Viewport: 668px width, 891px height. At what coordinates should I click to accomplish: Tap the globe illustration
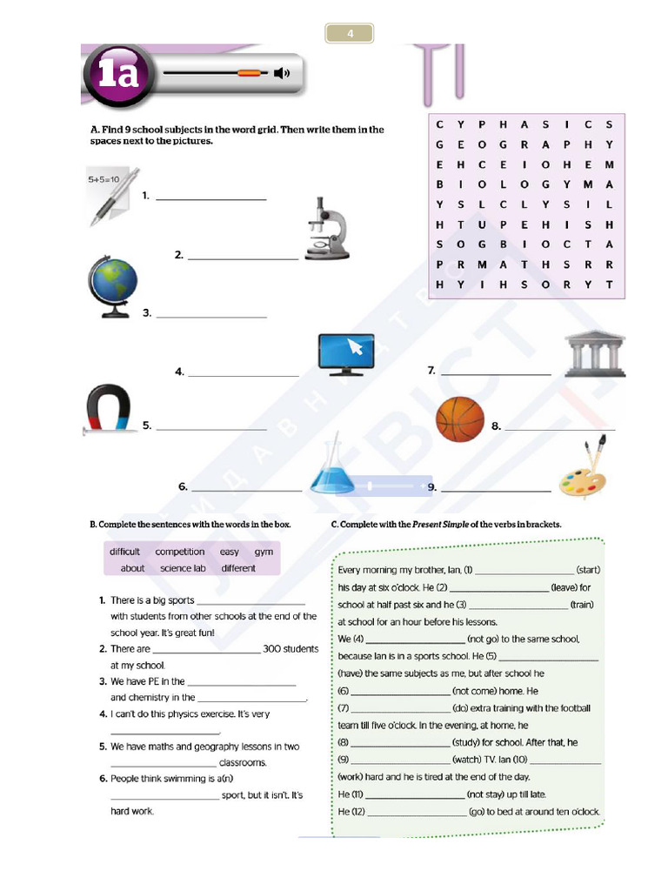coord(113,285)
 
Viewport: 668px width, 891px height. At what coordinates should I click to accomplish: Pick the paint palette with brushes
coord(584,470)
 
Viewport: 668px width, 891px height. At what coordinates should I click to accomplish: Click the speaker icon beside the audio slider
coord(281,72)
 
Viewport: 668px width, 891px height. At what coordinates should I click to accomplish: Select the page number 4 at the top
coord(350,34)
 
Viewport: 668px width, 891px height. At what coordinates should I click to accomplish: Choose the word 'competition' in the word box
coord(180,552)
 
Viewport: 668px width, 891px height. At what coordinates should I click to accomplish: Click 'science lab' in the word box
coord(183,568)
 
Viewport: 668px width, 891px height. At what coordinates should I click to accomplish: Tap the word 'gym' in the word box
coord(264,552)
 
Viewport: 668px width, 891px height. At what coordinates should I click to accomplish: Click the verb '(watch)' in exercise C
coord(471,759)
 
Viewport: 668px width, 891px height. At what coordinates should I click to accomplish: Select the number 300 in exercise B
coord(274,648)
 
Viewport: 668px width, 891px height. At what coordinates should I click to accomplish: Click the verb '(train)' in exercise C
coord(582,605)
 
